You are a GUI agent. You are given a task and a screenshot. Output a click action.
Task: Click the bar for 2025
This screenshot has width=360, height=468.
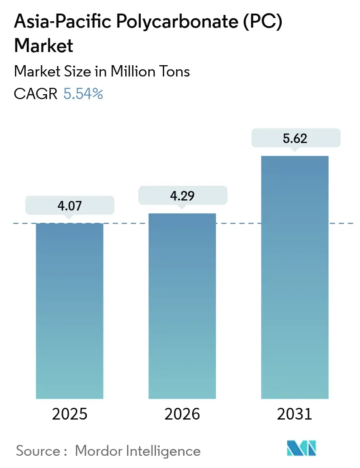70,310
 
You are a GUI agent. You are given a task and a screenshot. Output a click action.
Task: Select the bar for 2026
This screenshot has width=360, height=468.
182,306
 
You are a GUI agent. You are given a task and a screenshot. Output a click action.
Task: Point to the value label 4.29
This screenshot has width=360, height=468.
182,195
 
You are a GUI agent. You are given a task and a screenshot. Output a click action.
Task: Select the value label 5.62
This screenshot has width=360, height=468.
295,138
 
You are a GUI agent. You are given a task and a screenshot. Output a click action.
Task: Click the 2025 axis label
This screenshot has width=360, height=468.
70,414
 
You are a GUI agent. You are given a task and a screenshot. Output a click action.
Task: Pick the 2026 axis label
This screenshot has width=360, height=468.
182,414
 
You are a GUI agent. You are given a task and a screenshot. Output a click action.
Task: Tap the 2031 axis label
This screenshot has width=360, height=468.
295,414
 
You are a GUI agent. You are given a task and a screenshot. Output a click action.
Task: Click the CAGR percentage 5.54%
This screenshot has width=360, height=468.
84,94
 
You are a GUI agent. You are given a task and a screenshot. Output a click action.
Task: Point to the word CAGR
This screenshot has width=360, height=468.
36,94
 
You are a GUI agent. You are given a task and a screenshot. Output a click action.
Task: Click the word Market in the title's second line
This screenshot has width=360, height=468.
44,46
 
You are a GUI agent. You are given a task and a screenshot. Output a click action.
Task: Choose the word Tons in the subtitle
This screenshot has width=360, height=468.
174,72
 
